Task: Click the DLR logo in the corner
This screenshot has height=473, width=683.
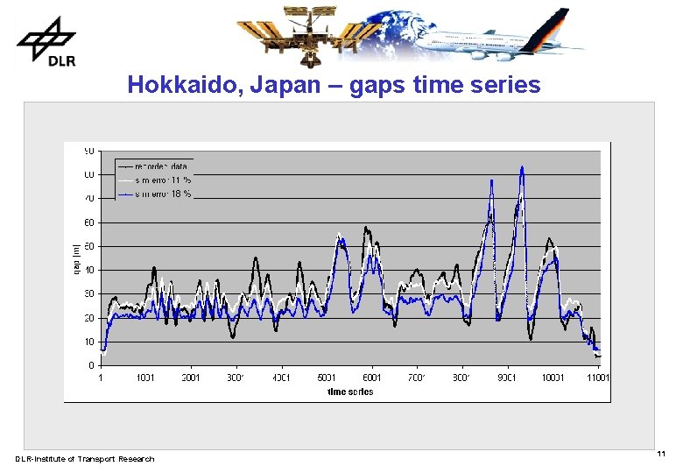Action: (x=45, y=40)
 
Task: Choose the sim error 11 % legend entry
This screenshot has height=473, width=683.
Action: (x=163, y=180)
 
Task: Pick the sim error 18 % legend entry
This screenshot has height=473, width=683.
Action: (x=163, y=194)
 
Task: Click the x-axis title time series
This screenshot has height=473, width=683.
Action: (x=350, y=392)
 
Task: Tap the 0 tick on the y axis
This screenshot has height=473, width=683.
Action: (x=92, y=365)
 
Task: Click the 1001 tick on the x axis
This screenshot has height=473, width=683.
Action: (x=145, y=378)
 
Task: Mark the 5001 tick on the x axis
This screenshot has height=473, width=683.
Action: (x=327, y=378)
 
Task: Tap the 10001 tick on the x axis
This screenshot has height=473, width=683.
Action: (x=552, y=378)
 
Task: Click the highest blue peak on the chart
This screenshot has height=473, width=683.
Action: (x=522, y=167)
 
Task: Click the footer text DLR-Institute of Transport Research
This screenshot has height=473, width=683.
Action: (x=85, y=459)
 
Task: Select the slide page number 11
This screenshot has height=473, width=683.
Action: (x=661, y=454)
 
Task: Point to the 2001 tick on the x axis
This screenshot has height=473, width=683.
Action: (x=191, y=378)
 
